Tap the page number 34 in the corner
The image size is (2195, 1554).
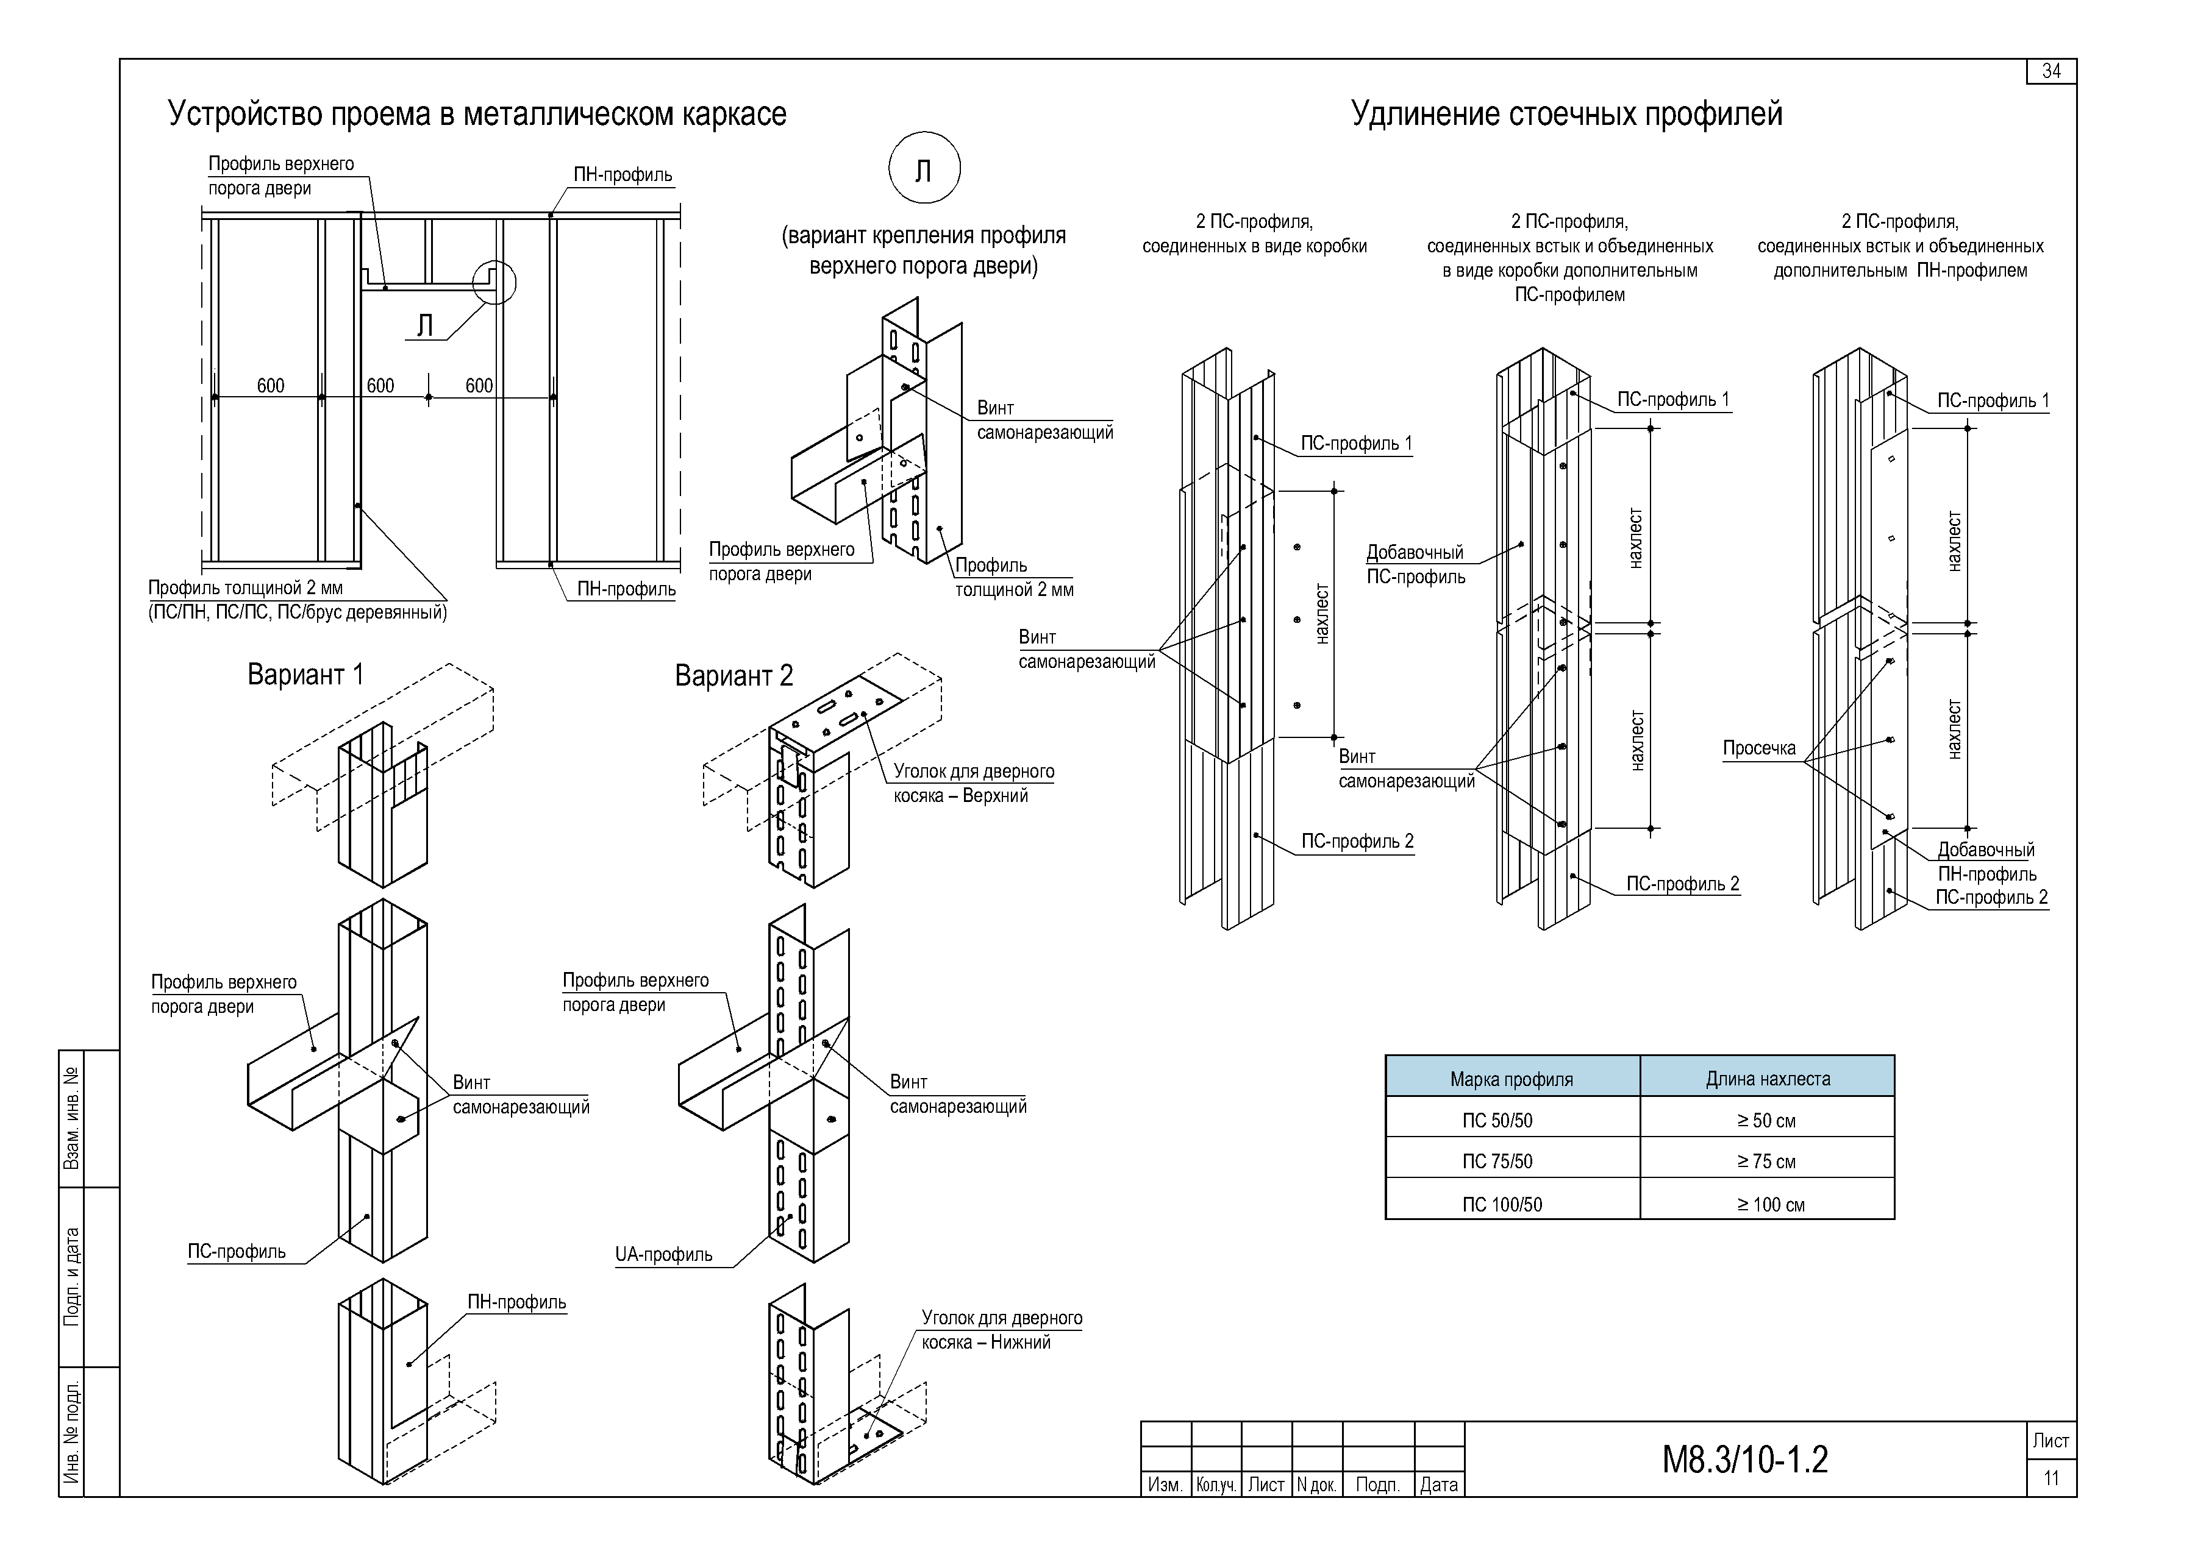pos(2050,72)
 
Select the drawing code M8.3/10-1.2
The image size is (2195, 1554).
pos(1745,1460)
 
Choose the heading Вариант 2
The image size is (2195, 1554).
pos(734,676)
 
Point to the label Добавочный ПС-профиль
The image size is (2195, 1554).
pos(1416,564)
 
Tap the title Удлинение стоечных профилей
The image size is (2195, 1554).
pos(1567,114)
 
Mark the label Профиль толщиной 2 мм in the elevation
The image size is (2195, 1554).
pos(245,587)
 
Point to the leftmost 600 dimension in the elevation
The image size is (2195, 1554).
pos(271,386)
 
